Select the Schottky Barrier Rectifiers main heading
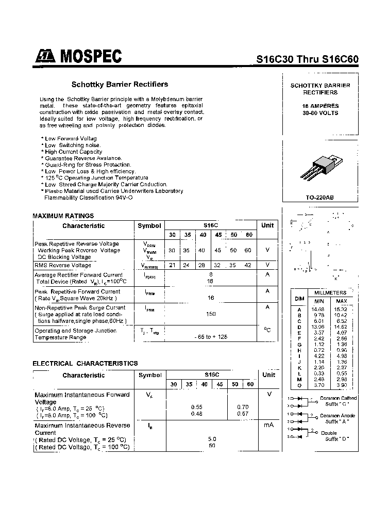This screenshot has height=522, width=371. point(119,84)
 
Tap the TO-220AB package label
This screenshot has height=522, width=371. point(320,198)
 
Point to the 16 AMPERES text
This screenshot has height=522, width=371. point(320,106)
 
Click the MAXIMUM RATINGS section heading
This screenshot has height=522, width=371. point(63,216)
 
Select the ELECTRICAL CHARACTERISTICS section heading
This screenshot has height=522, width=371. point(85,363)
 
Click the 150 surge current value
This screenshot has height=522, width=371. point(211,314)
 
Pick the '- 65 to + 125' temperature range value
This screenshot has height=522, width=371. point(211,337)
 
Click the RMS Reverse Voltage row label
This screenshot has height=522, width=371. point(62,265)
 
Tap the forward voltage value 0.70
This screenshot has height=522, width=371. point(242,407)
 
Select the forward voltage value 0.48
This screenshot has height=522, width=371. point(196,414)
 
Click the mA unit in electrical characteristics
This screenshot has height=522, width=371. point(268,425)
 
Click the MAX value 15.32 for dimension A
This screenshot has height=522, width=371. point(341,308)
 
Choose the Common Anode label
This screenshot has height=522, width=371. point(338,415)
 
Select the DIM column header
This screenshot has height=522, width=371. point(299,298)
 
